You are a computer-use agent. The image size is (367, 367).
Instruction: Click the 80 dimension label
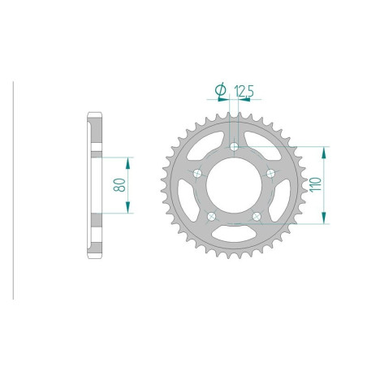pos(119,185)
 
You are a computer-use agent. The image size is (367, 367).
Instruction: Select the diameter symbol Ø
pos(219,89)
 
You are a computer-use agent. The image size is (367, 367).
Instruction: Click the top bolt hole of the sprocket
pos(234,146)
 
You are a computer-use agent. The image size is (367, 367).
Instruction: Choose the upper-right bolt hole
pos(270,172)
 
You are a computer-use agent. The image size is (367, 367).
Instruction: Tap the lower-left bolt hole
pos(211,216)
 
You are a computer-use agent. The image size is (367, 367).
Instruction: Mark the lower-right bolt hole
pos(257,216)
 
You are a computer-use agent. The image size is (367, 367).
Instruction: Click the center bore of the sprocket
pos(234,185)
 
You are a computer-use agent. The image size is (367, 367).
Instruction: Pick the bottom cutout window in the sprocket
pos(234,235)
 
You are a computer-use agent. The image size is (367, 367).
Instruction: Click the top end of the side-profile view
pos(93,115)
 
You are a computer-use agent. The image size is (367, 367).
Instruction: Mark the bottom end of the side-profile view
pos(93,253)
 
